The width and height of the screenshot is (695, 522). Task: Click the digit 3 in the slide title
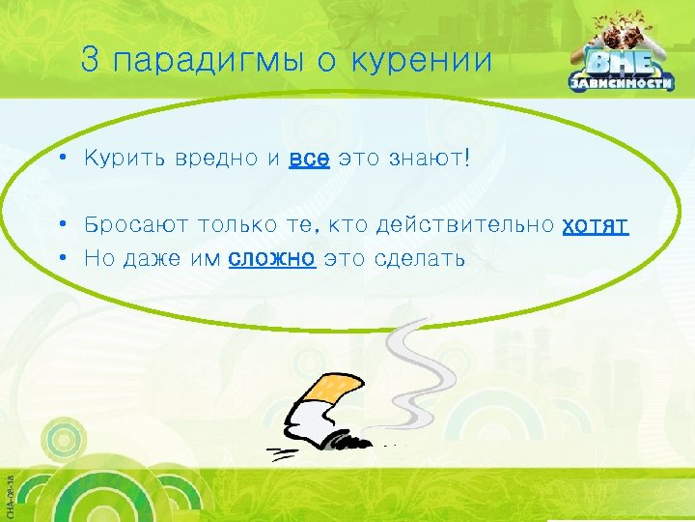(x=91, y=61)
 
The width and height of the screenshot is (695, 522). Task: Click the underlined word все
(x=309, y=158)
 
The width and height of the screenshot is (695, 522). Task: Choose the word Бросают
(x=136, y=226)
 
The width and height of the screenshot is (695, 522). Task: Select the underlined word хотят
(x=595, y=226)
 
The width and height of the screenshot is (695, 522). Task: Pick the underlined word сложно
(x=272, y=258)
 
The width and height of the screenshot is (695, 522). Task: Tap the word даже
(x=157, y=258)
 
